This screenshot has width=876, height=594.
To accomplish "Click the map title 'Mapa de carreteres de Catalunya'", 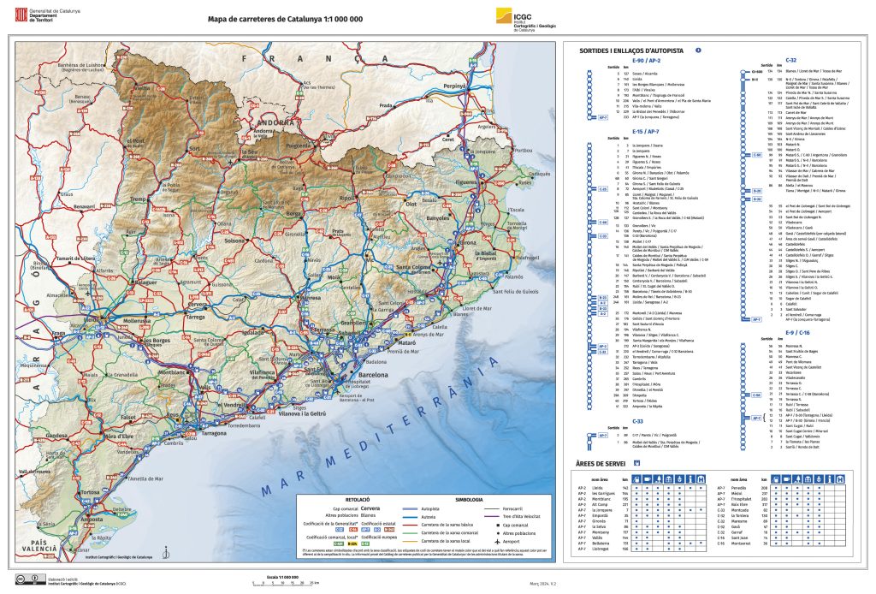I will click(273, 17).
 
